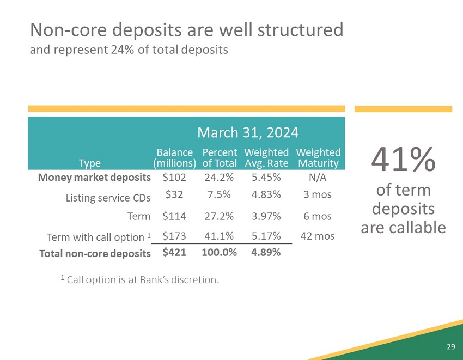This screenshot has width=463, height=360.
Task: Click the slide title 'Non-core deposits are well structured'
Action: (x=186, y=30)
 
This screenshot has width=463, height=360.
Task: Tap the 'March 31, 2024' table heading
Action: (x=247, y=132)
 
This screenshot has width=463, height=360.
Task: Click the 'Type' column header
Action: (x=90, y=163)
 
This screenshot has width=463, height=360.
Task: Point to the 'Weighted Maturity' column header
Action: (x=318, y=158)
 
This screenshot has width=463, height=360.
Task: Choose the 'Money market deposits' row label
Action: (x=94, y=178)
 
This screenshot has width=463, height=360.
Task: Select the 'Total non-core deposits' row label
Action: (x=95, y=253)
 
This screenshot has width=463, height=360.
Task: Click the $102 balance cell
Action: (x=174, y=178)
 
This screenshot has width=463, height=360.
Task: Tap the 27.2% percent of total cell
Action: (x=220, y=216)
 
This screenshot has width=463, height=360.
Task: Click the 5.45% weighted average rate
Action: (x=266, y=178)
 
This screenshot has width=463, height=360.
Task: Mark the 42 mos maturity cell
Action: (x=318, y=236)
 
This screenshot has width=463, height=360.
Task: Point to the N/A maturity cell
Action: (x=318, y=178)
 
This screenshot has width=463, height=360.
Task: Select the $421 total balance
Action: (x=174, y=252)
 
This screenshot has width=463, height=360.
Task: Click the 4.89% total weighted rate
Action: (x=266, y=252)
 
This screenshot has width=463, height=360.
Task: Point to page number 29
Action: (x=450, y=347)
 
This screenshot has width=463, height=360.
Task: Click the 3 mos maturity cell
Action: (x=318, y=194)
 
